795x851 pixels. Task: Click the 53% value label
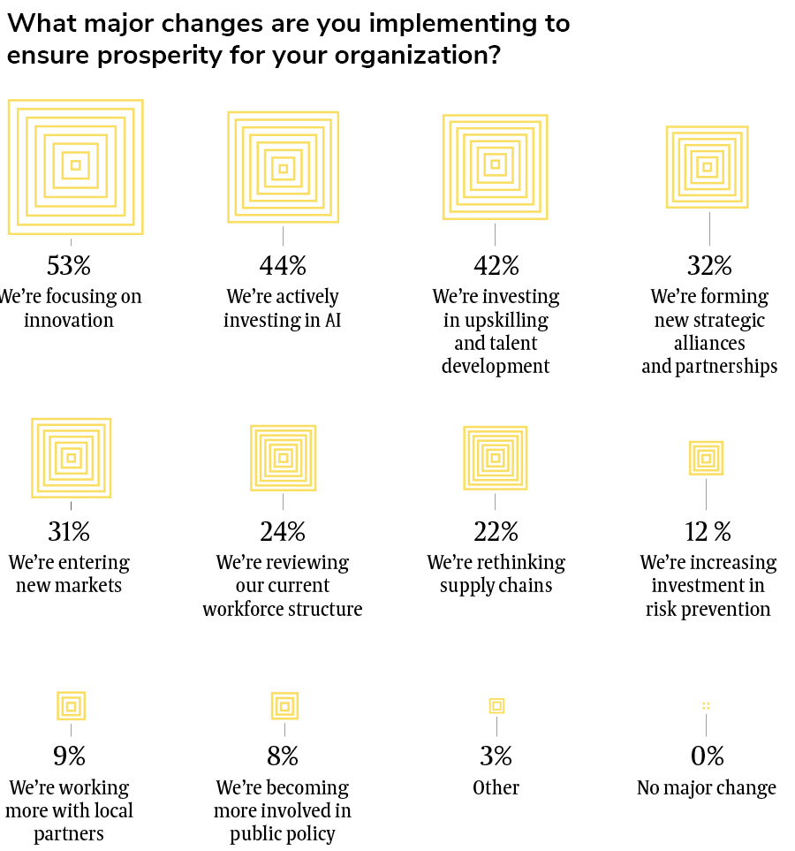[69, 265]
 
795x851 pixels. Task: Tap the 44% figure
[283, 265]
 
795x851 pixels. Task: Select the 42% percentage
[495, 265]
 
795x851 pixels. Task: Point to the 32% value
[709, 265]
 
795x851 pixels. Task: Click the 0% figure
[707, 756]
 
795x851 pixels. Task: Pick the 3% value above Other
[496, 756]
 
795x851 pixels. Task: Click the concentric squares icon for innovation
[76, 166]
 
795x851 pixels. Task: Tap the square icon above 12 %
[706, 458]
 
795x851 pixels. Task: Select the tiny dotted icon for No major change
[706, 705]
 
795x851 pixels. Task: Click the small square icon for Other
[496, 705]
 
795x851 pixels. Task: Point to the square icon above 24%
[283, 458]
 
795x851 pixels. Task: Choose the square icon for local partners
[71, 705]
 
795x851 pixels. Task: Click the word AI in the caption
[332, 319]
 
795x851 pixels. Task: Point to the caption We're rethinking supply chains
[496, 574]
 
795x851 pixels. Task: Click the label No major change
[707, 787]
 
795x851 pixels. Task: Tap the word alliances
[709, 342]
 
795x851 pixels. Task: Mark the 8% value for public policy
[283, 756]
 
